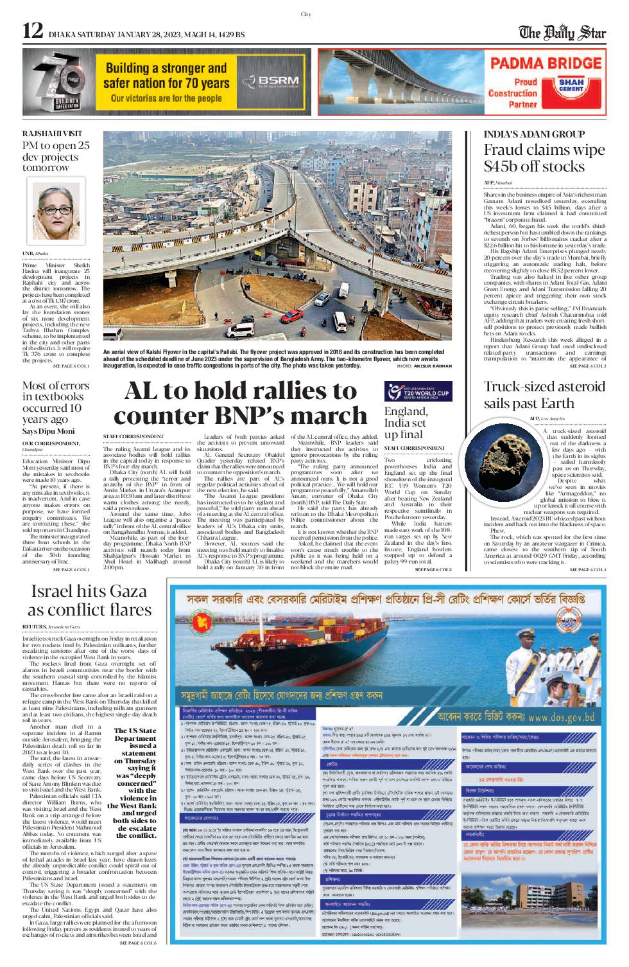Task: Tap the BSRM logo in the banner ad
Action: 270,82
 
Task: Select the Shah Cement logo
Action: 571,86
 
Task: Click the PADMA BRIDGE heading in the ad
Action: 546,63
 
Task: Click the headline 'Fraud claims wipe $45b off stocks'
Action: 544,158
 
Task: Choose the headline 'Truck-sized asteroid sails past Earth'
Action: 544,395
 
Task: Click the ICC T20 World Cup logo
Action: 418,391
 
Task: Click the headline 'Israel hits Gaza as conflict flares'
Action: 89,599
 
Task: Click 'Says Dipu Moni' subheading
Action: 48,431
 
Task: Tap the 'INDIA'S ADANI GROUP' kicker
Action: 534,134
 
